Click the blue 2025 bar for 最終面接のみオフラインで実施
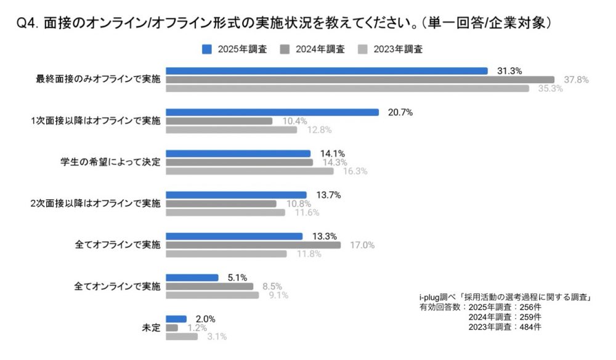tap(326, 71)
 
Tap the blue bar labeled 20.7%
tap(272, 112)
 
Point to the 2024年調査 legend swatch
tap(285, 49)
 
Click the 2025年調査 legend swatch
tap(207, 49)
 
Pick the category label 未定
tap(151, 327)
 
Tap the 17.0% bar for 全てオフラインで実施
tap(253, 245)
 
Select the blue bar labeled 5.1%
tap(192, 277)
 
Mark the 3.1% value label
tap(216, 337)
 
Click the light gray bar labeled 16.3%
tap(249, 171)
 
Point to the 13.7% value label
tap(328, 195)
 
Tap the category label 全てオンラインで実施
tap(117, 286)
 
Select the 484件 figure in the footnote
tap(527, 327)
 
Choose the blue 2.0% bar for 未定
tap(176, 319)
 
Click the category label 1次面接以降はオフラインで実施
tap(95, 121)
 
